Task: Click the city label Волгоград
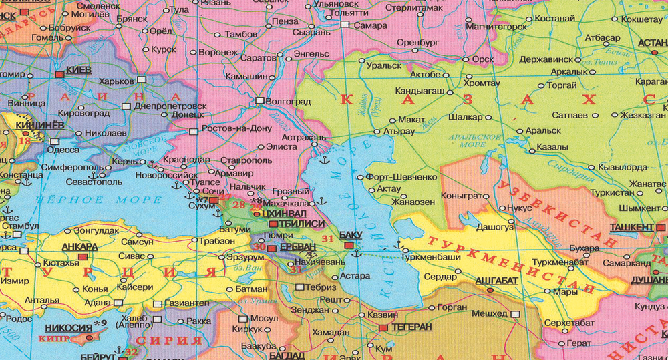(289, 102)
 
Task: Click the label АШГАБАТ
(496, 280)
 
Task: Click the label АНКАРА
(79, 246)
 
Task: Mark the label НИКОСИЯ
(67, 327)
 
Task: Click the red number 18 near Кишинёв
(25, 140)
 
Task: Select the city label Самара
(371, 25)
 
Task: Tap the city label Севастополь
(94, 182)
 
